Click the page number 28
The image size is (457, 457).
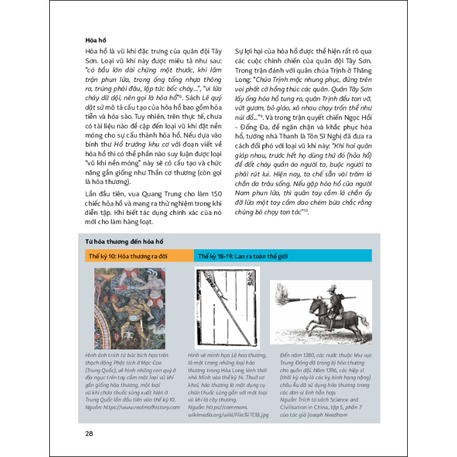pos(89,433)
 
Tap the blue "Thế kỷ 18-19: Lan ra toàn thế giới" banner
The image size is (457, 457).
pos(283,256)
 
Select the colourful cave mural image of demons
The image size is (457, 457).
pos(130,309)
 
